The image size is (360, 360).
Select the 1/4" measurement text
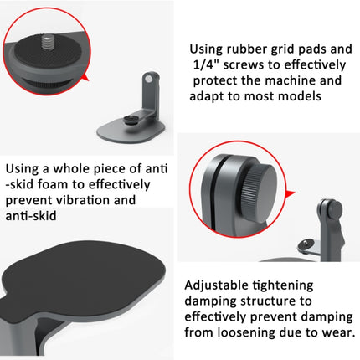(206, 64)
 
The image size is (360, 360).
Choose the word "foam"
(53, 185)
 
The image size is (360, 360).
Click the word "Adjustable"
(217, 285)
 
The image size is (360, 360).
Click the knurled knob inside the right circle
(258, 193)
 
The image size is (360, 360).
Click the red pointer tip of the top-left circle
(89, 81)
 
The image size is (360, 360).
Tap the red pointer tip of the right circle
(295, 193)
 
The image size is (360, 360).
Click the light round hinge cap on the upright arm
(149, 79)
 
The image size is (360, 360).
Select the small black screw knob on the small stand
(131, 120)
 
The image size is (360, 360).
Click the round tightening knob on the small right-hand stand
(334, 209)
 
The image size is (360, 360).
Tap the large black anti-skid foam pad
(84, 277)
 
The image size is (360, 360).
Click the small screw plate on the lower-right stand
(309, 247)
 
